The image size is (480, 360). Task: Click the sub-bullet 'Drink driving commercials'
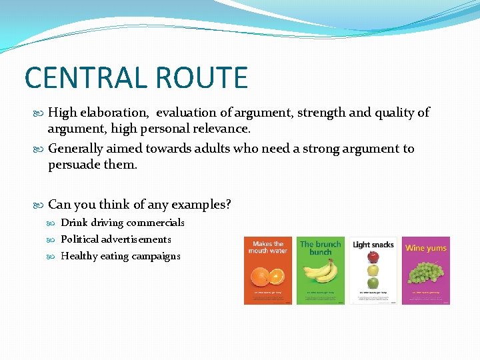pos(122,223)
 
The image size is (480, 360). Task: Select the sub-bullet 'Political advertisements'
pos(115,239)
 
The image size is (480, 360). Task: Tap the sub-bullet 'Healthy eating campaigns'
pos(120,255)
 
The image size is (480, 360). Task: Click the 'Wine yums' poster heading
pos(425,248)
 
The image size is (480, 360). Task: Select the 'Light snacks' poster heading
pos(373,245)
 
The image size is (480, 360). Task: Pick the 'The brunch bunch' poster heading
pos(321,248)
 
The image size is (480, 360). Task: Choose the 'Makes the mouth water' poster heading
pos(267,247)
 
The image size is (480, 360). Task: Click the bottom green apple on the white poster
pos(373,283)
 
